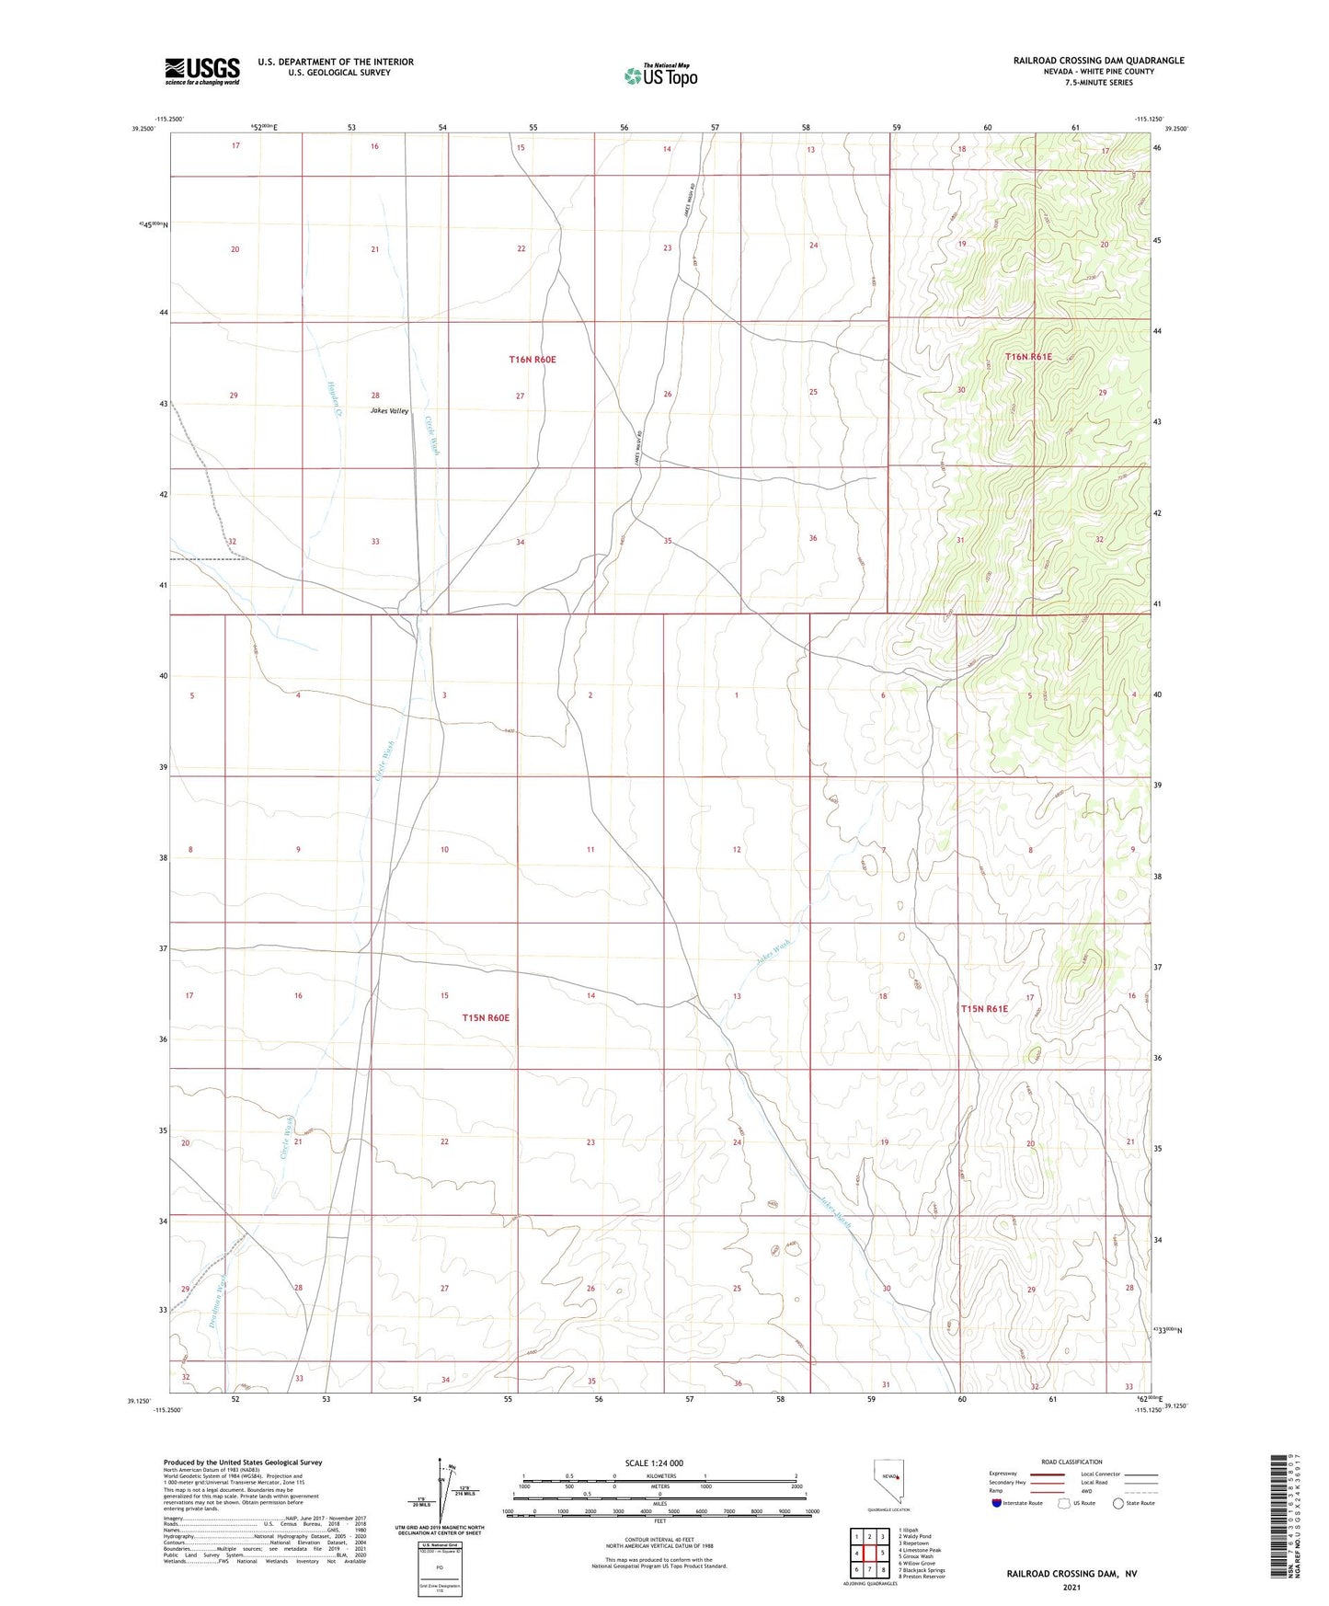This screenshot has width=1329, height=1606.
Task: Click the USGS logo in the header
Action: point(201,71)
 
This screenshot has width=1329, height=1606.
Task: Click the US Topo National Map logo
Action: point(660,75)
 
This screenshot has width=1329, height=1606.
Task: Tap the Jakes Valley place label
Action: point(389,411)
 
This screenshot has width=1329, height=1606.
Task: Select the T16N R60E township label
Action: point(533,360)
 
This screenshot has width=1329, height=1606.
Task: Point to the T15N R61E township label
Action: point(984,1009)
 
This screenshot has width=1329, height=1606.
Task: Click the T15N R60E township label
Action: point(486,1018)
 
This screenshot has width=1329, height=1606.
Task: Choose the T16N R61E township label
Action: point(1028,357)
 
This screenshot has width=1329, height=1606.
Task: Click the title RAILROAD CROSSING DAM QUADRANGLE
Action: point(1098,61)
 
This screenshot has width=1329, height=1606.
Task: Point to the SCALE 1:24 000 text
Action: point(654,1463)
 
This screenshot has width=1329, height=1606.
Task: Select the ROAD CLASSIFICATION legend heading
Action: point(1071,1462)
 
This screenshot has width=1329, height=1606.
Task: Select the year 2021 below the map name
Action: point(1071,1587)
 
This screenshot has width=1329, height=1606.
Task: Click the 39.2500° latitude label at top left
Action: point(143,130)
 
